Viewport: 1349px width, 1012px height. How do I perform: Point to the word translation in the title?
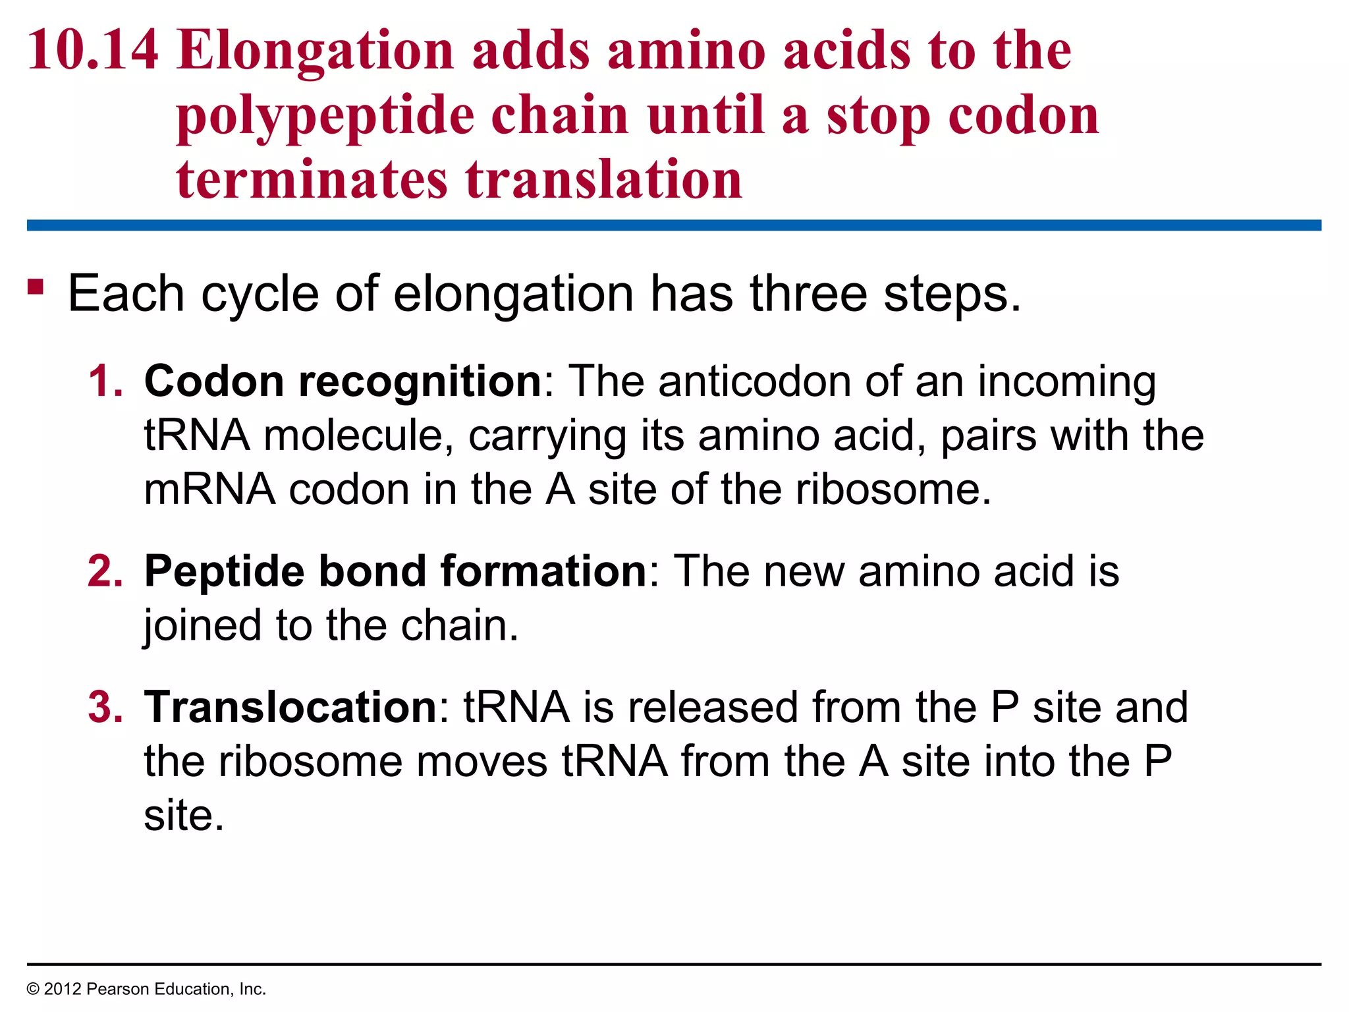pyautogui.click(x=604, y=179)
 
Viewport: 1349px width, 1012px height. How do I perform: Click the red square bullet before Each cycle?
pyautogui.click(x=36, y=287)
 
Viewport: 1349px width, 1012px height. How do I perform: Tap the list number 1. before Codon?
pyautogui.click(x=105, y=381)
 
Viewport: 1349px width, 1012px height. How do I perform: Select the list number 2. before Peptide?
pyautogui.click(x=105, y=571)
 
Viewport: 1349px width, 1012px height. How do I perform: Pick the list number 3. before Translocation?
pyautogui.click(x=105, y=707)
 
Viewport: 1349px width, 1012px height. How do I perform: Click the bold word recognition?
pyautogui.click(x=420, y=383)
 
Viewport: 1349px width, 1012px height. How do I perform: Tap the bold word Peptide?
pyautogui.click(x=225, y=572)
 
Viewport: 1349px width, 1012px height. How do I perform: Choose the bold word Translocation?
pyautogui.click(x=290, y=707)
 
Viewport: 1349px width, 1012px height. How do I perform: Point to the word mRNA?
pyautogui.click(x=209, y=490)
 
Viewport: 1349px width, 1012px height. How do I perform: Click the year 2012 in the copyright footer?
pyautogui.click(x=63, y=989)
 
